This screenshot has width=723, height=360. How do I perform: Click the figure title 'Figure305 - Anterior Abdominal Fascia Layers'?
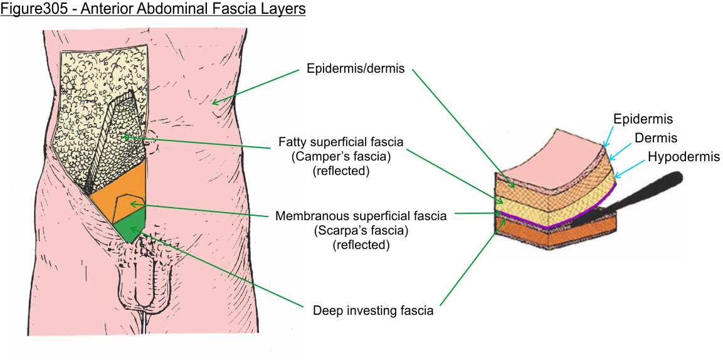pyautogui.click(x=152, y=11)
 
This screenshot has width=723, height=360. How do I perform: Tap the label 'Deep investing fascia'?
pyautogui.click(x=372, y=310)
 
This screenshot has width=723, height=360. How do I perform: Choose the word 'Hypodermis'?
pyautogui.click(x=683, y=157)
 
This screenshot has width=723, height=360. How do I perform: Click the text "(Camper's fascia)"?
pyautogui.click(x=340, y=157)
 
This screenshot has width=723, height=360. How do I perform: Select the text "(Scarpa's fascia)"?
pyautogui.click(x=361, y=230)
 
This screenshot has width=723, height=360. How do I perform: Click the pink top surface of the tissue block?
pyautogui.click(x=552, y=157)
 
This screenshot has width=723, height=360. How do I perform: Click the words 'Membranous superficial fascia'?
pyautogui.click(x=361, y=216)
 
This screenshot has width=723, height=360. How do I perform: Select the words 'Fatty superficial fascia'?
pyautogui.click(x=340, y=143)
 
